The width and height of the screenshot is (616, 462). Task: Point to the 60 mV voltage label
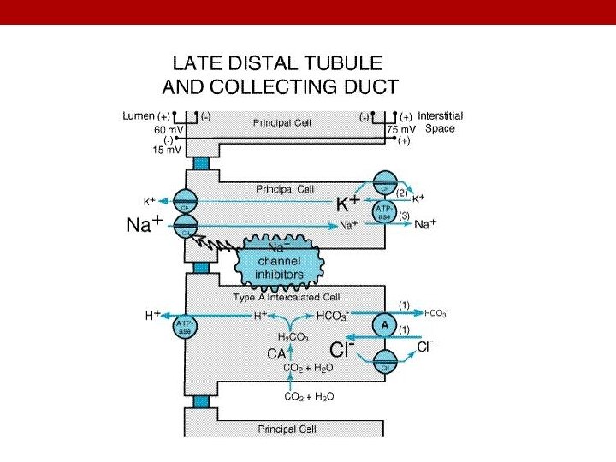pos(168,129)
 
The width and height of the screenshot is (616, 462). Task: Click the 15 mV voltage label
pos(168,151)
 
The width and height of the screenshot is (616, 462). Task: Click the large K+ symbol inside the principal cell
pos(346,204)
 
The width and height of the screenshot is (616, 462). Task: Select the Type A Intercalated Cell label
pos(287,297)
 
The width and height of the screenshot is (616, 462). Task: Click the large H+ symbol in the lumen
pos(153,316)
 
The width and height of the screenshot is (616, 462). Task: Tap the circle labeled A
pos(383,325)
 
